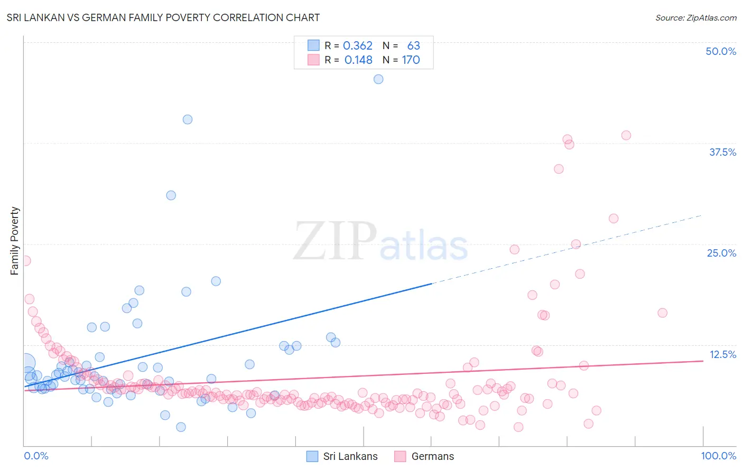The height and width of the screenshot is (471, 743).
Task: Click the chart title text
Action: pyautogui.click(x=163, y=17)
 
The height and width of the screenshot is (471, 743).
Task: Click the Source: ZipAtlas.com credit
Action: pyautogui.click(x=695, y=17)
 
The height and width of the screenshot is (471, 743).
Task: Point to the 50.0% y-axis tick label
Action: pyautogui.click(x=721, y=51)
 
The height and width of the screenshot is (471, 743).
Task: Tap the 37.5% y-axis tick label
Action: pyautogui.click(x=722, y=152)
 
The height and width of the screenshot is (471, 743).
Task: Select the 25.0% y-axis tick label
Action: pyautogui.click(x=721, y=253)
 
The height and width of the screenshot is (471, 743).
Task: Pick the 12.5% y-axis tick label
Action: pyautogui.click(x=722, y=354)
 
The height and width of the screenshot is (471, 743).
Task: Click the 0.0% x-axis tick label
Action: pyautogui.click(x=36, y=456)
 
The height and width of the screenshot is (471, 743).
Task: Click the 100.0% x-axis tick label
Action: pyautogui.click(x=718, y=456)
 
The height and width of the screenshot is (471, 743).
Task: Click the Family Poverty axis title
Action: pyautogui.click(x=15, y=241)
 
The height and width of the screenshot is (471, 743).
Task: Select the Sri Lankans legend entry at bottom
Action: pyautogui.click(x=342, y=456)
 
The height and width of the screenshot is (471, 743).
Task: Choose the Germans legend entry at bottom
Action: pyautogui.click(x=424, y=456)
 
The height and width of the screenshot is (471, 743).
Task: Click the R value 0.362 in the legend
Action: pyautogui.click(x=358, y=46)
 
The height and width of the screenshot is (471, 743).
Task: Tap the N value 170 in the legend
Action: pyautogui.click(x=411, y=60)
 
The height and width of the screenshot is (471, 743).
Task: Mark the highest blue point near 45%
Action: pyautogui.click(x=378, y=79)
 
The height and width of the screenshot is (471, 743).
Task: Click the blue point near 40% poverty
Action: pyautogui.click(x=188, y=119)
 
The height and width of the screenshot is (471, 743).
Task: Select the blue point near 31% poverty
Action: pyautogui.click(x=171, y=195)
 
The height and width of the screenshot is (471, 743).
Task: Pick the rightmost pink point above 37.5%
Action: pyautogui.click(x=626, y=135)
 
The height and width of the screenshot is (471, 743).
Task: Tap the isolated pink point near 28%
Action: pyautogui.click(x=614, y=219)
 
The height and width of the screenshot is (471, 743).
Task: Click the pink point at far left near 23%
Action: pyautogui.click(x=25, y=261)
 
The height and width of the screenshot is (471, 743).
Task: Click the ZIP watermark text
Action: pyautogui.click(x=335, y=242)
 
